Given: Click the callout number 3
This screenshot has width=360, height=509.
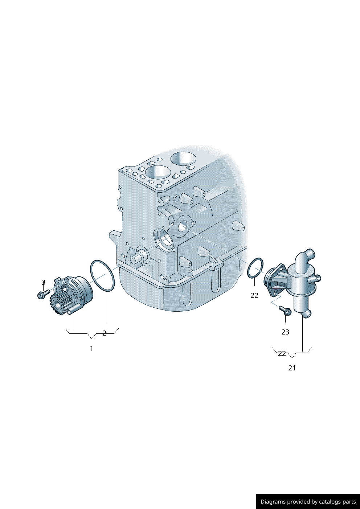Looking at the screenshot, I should coord(43,282).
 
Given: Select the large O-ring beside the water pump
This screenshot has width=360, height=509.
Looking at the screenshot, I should coord(102,275).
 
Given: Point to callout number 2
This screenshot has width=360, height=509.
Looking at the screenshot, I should coord(104,333).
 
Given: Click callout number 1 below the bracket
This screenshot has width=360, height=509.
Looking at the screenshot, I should coord(91,348).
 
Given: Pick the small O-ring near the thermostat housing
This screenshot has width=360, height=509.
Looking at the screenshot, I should coord(255,268).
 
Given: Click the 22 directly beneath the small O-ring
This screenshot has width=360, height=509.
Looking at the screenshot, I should coord(254,295).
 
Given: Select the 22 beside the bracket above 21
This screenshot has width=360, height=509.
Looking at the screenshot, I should coord(282,353).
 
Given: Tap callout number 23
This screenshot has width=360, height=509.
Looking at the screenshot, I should coord(285,332).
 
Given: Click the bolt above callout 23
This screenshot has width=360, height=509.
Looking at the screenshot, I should coord(285,310).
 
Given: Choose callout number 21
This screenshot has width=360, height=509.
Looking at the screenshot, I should coord(292,368).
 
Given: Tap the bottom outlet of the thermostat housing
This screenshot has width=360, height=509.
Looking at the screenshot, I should coord(306,313).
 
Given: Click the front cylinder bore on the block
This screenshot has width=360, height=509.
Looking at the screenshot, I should coord(158,172).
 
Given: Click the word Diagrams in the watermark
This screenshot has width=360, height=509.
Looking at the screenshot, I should coord(273,502).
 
